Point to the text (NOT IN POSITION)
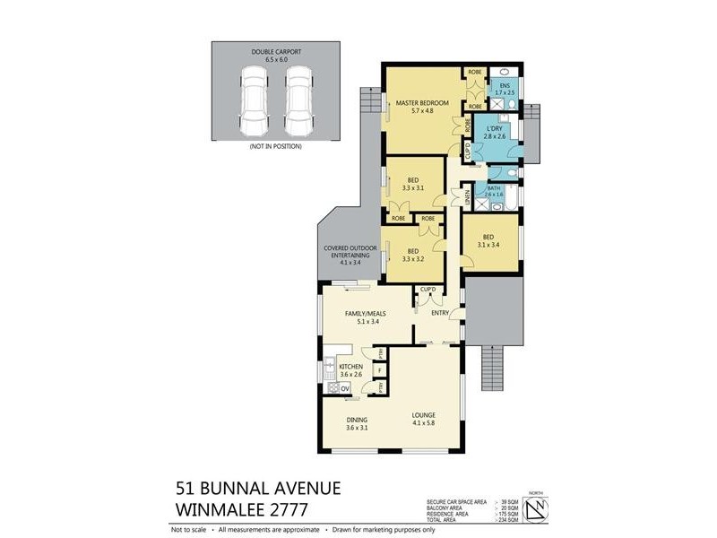coord(275,145)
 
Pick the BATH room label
coord(494,189)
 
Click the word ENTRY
coord(439,313)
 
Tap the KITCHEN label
coord(350,369)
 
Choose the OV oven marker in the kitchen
coord(346,386)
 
